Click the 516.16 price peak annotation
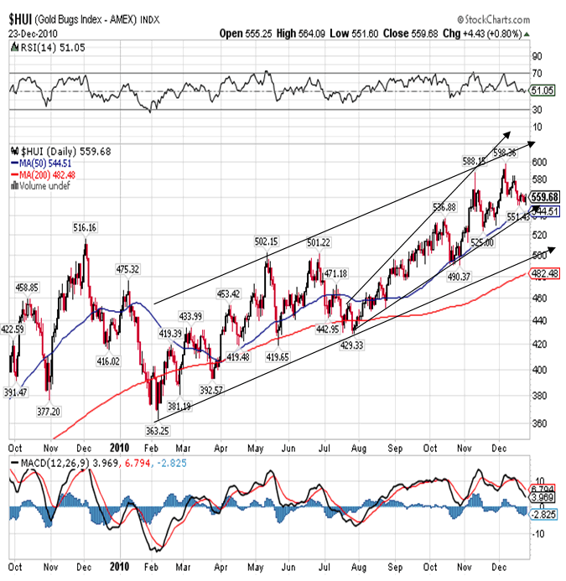(85, 227)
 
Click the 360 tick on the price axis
(537, 423)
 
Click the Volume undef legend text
(43, 184)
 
